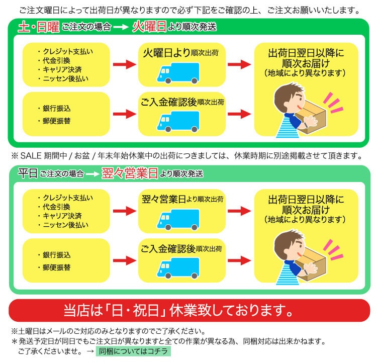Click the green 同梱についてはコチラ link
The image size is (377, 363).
tap(133, 351)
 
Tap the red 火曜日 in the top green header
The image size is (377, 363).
tap(149, 26)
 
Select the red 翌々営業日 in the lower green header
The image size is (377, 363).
tap(130, 173)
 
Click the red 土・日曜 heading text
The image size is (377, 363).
tap(39, 27)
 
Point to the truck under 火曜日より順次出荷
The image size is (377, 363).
tap(178, 73)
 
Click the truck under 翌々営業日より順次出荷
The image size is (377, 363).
tap(178, 219)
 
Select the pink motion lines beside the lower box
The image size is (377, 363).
tap(333, 250)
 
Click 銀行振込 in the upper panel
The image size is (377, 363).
tap(57, 108)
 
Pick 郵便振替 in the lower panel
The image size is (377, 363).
tap(57, 267)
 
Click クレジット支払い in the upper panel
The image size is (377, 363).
tap(68, 51)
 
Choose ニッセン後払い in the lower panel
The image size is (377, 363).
tap(66, 225)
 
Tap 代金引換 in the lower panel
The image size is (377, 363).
tap(56, 207)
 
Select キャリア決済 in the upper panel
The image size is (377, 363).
tap(62, 69)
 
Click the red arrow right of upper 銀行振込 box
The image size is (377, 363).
tap(125, 114)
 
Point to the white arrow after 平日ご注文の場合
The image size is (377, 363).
tap(92, 174)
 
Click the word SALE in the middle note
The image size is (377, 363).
tap(31, 156)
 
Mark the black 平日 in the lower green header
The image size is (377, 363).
tap(28, 173)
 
